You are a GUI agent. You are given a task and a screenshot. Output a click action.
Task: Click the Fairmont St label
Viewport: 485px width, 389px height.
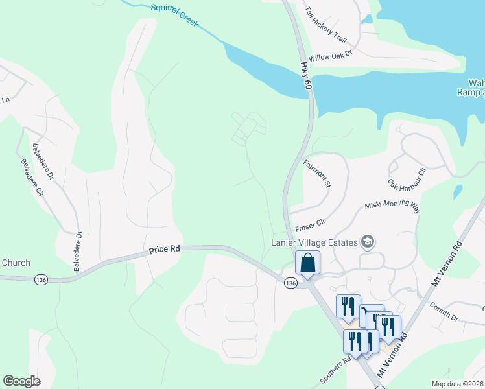317,174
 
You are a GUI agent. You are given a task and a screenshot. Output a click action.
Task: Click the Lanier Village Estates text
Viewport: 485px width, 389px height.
314,242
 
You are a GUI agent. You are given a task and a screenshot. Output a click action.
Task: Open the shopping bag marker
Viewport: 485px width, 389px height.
307,263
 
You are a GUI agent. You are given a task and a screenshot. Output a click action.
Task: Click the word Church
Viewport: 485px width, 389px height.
16,263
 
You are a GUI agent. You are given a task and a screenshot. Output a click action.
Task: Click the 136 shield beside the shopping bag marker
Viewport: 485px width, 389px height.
290,283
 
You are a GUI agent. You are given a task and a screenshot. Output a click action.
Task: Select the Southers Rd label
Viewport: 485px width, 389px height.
338,368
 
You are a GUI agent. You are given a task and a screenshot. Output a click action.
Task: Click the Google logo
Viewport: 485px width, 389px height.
21,381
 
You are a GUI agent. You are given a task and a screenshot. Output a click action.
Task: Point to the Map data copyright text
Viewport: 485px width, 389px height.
458,384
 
